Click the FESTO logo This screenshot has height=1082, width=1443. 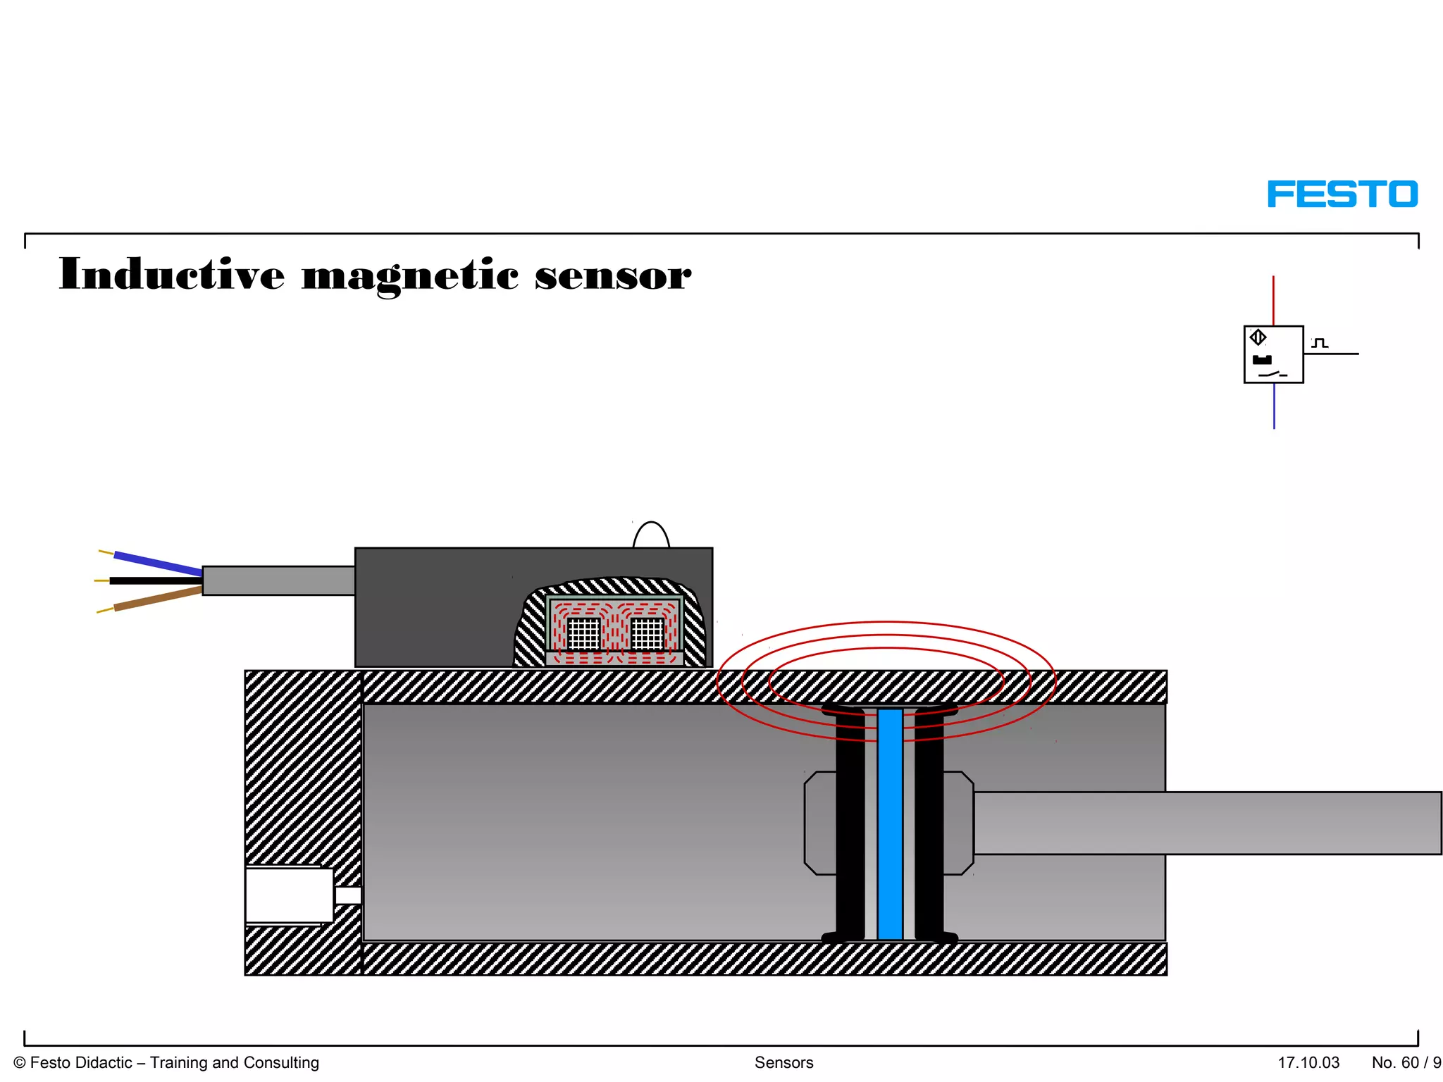(x=1342, y=194)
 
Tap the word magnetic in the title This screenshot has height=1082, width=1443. (x=410, y=275)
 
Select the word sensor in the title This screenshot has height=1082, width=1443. (x=612, y=275)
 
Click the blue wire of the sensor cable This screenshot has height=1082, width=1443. (x=158, y=563)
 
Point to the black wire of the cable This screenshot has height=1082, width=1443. (x=155, y=581)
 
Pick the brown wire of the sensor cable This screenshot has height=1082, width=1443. (x=158, y=599)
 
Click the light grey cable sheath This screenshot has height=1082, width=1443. (x=278, y=580)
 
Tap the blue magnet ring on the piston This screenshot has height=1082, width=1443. (x=890, y=823)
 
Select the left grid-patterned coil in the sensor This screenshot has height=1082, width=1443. (x=583, y=633)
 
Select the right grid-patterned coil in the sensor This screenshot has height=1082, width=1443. (x=647, y=633)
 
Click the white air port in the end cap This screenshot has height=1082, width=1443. (x=289, y=895)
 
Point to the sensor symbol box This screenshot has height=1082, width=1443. (x=1273, y=354)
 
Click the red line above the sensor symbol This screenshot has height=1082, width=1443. (x=1273, y=300)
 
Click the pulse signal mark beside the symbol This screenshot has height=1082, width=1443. (x=1320, y=343)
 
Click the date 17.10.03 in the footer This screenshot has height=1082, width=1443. (x=1308, y=1062)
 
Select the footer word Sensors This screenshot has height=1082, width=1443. (x=784, y=1062)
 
